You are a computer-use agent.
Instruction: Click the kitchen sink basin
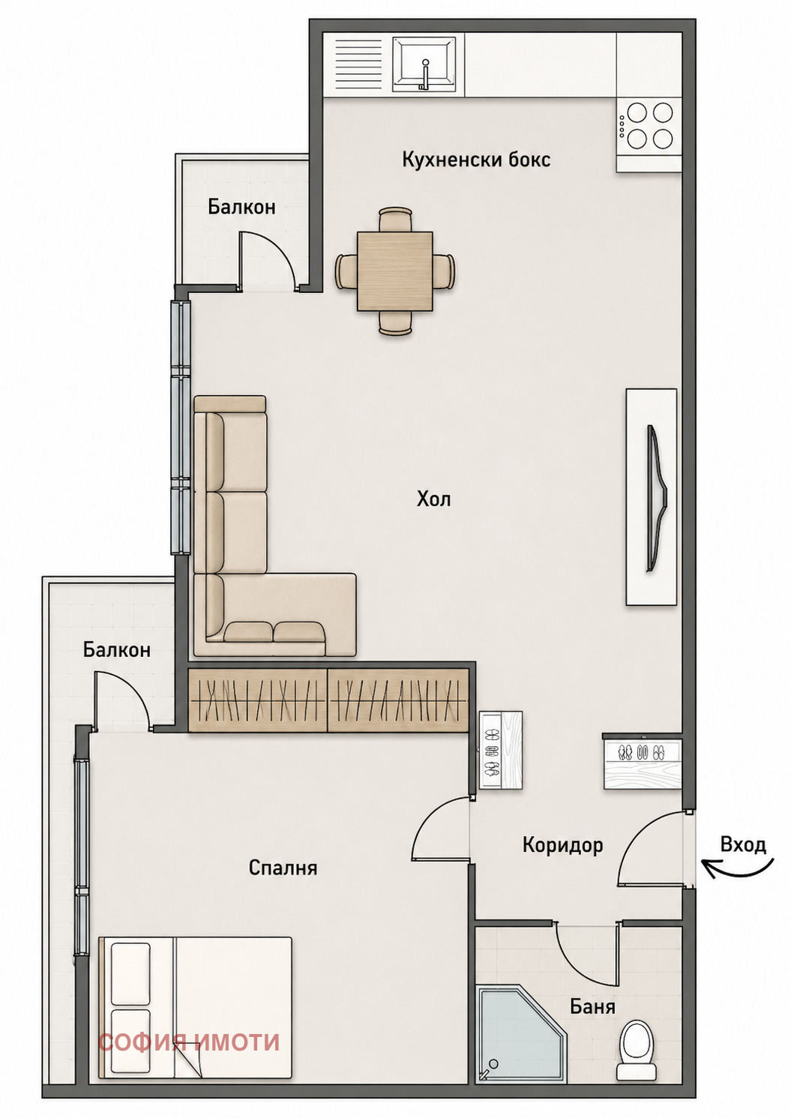pyautogui.click(x=424, y=64)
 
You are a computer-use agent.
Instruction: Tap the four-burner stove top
pyautogui.click(x=649, y=126)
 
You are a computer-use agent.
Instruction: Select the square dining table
pyautogui.click(x=395, y=271)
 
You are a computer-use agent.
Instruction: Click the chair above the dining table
pyautogui.click(x=396, y=219)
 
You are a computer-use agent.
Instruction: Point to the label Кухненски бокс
pyautogui.click(x=476, y=160)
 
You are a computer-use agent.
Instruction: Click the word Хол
pyautogui.click(x=433, y=499)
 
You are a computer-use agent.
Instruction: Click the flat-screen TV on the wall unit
pyautogui.click(x=658, y=498)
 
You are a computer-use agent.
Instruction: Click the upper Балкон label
pyautogui.click(x=241, y=207)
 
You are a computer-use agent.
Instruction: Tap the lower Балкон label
pyautogui.click(x=117, y=650)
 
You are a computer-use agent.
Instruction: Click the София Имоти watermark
pyautogui.click(x=189, y=1042)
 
